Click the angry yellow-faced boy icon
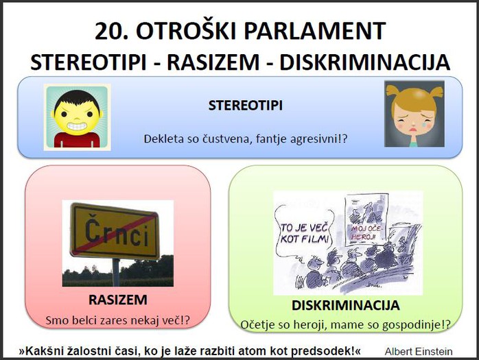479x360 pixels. [x=78, y=117]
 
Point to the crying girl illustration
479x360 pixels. [x=414, y=114]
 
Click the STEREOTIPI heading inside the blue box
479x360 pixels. [x=245, y=106]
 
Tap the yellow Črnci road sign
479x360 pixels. [x=115, y=231]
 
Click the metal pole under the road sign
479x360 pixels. [x=116, y=272]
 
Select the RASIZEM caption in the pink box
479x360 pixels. [x=118, y=300]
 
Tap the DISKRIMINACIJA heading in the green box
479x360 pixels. [x=345, y=305]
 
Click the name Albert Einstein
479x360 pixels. [x=419, y=352]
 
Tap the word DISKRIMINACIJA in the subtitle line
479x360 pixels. [x=365, y=62]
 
